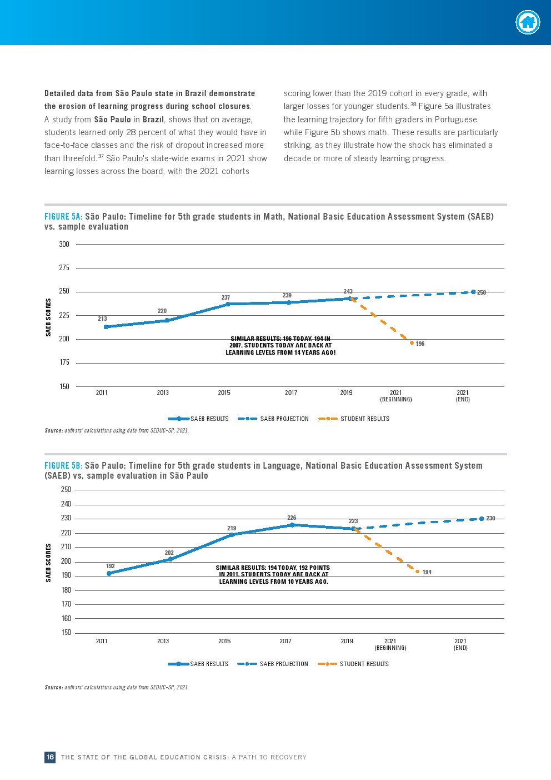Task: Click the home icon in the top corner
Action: click(x=527, y=23)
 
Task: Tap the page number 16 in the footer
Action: click(x=50, y=757)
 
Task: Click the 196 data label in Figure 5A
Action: click(x=420, y=344)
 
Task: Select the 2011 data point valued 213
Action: click(x=106, y=327)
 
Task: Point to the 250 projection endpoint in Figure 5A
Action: click(x=473, y=292)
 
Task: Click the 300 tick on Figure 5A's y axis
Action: click(x=64, y=244)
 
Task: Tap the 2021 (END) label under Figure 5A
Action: click(x=463, y=396)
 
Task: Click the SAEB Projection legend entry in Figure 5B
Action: click(x=273, y=664)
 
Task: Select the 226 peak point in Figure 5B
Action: click(x=292, y=525)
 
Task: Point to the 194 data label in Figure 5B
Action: click(x=427, y=572)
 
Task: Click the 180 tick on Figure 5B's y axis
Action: click(x=66, y=590)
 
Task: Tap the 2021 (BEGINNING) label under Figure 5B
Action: click(x=390, y=644)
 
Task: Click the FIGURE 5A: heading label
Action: click(x=63, y=216)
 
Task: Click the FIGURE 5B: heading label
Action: click(x=63, y=465)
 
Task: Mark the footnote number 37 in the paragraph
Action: click(x=101, y=156)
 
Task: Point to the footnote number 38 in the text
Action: click(x=413, y=104)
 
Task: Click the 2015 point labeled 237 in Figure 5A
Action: click(x=228, y=304)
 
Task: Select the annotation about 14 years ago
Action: click(x=280, y=345)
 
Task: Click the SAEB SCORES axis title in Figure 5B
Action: click(x=48, y=563)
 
